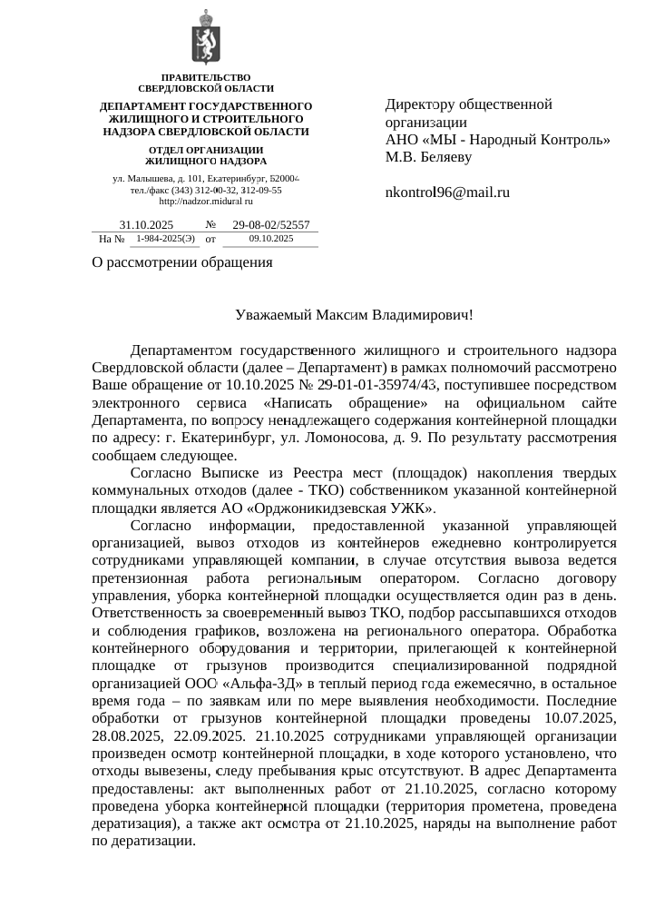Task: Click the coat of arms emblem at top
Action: (206, 39)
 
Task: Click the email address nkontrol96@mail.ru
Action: (447, 192)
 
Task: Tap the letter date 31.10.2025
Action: (146, 224)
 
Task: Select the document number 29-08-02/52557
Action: (271, 224)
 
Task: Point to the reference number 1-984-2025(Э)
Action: (165, 239)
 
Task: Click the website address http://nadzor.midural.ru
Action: (206, 201)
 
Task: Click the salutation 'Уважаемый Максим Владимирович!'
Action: (354, 315)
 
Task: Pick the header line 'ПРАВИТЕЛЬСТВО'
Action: (206, 77)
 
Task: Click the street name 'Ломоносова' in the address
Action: (427, 439)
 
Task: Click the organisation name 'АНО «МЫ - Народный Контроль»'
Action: (497, 140)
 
